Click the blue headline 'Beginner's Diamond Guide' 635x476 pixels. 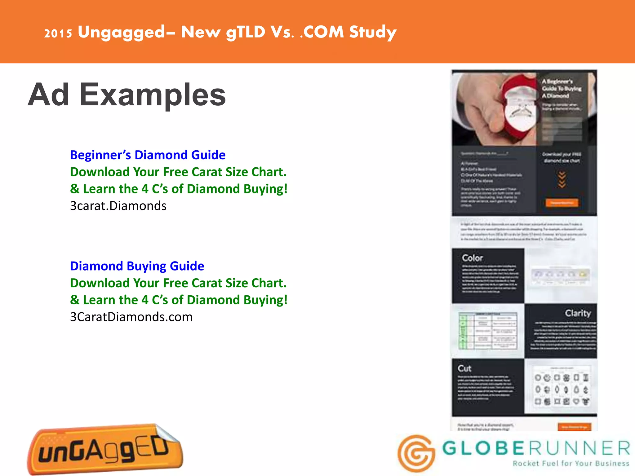pos(148,155)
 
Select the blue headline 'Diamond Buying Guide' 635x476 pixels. pos(137,266)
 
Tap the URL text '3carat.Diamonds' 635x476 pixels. pos(118,206)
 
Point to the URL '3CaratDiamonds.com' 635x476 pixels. pos(131,317)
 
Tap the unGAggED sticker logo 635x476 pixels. pos(105,449)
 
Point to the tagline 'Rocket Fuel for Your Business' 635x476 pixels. pos(571,464)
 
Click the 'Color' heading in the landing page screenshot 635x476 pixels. pos(472,258)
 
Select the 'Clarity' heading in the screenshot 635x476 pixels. pos(578,313)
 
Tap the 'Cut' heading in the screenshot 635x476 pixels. pos(464,368)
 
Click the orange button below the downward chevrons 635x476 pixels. pos(562,203)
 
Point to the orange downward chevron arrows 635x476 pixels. pos(562,180)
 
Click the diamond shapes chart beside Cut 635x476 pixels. pos(561,389)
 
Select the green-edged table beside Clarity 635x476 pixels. pos(488,331)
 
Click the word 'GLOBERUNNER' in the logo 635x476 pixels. pos(536,448)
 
